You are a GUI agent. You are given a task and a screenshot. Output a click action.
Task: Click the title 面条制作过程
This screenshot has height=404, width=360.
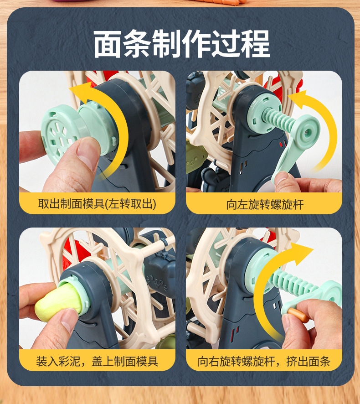point(181,44)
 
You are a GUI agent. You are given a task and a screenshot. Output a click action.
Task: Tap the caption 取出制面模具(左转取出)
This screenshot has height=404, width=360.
point(97,204)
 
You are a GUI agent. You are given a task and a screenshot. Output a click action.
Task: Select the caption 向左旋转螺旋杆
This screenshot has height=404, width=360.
point(265,205)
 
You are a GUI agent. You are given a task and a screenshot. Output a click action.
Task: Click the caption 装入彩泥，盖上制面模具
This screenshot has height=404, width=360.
point(97,361)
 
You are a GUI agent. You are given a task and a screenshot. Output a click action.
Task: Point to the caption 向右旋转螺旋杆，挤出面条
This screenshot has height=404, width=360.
point(264,361)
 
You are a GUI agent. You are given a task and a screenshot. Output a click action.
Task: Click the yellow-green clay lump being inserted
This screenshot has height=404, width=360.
point(59,300)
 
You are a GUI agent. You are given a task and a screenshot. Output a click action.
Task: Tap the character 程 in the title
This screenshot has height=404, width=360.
point(256,44)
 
